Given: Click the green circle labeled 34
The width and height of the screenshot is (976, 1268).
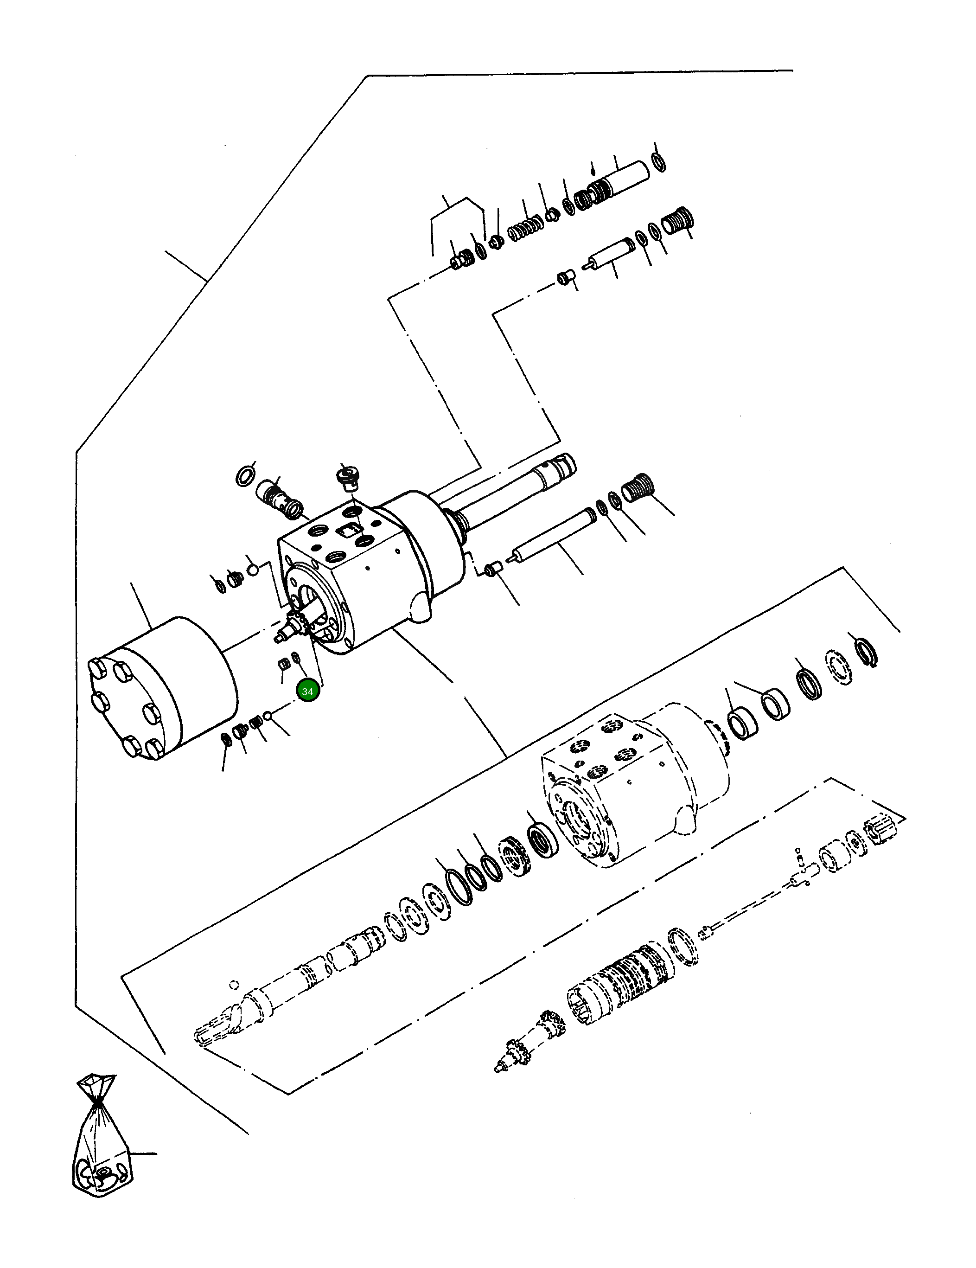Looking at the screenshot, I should (x=307, y=692).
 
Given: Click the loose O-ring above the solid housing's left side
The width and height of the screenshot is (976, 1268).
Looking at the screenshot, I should (x=246, y=475).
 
